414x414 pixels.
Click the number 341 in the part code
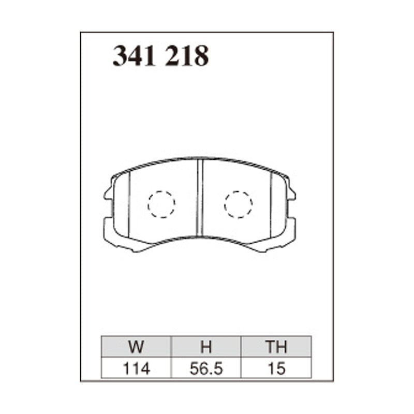134,56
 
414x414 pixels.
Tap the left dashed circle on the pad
161,204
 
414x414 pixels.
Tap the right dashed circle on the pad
238,204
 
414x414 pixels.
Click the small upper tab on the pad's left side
108,194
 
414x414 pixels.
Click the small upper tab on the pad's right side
292,194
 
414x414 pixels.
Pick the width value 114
137,368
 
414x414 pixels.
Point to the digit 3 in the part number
121,56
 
